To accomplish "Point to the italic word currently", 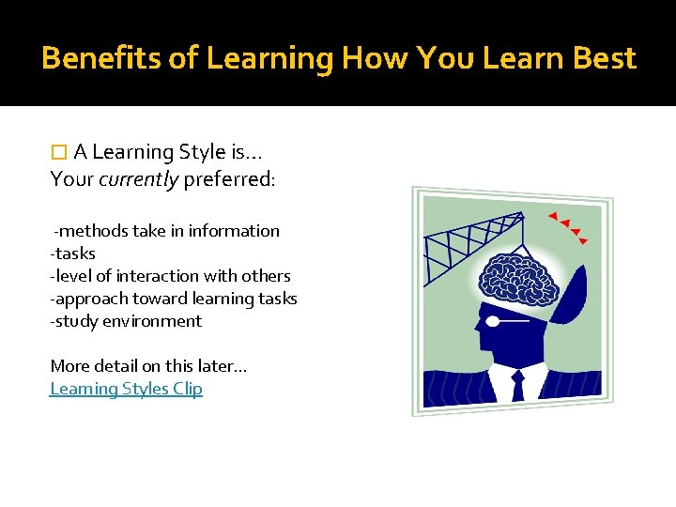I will [x=138, y=179].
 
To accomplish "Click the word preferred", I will [x=229, y=179].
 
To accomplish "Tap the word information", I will [x=239, y=231].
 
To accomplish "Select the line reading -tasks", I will [x=73, y=253].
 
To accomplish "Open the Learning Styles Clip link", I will [x=126, y=389].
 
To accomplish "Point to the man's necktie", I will [x=517, y=385].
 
